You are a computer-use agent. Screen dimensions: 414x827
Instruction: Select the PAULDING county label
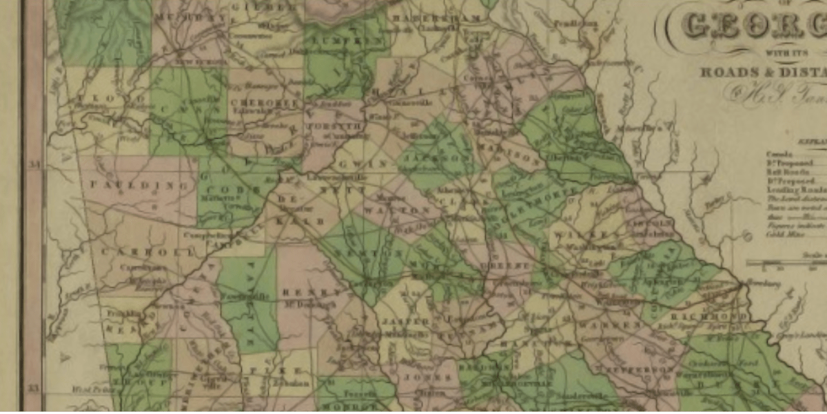(140, 186)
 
